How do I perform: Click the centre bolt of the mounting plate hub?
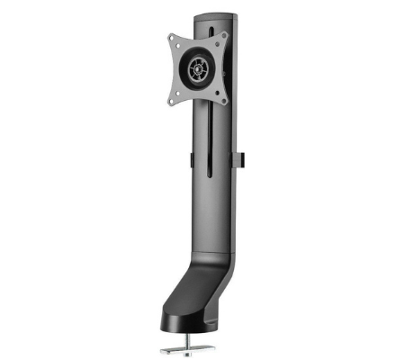pos(197,67)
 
